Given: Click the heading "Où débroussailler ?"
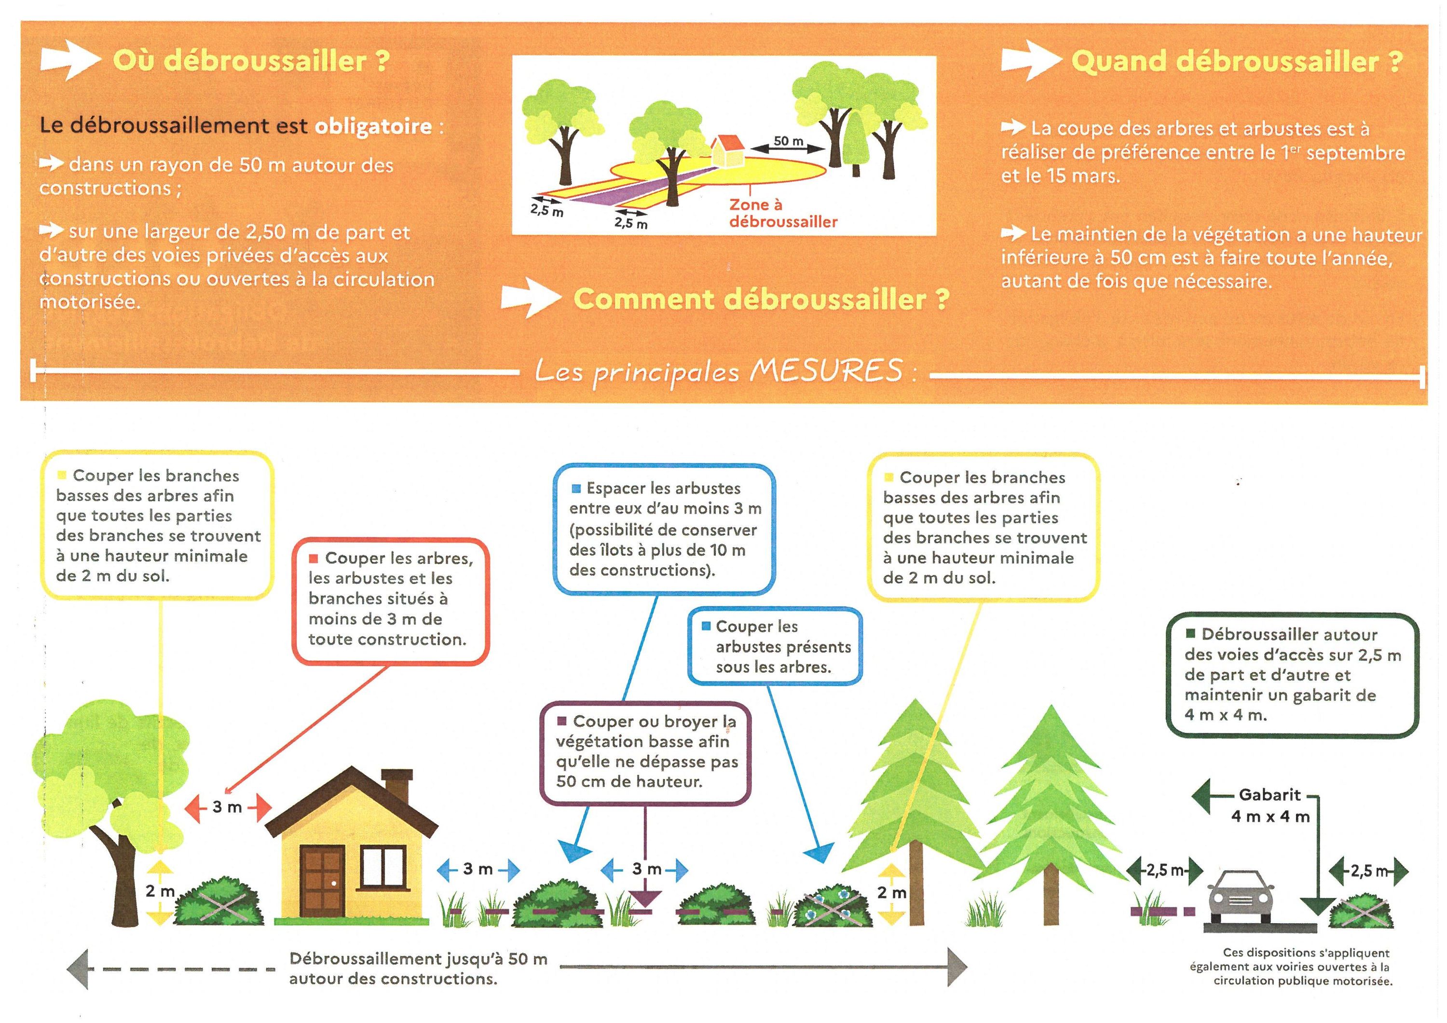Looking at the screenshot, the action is pos(251,61).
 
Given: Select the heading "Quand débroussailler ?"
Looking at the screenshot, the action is pos(1237,62).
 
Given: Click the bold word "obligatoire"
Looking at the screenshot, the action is pos(373,127).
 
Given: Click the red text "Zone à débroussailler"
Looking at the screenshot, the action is pos(783,213).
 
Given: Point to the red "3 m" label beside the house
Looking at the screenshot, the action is pos(227,807).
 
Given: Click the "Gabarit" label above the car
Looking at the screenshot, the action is pos(1270,795).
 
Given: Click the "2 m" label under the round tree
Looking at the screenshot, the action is pos(160,891).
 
